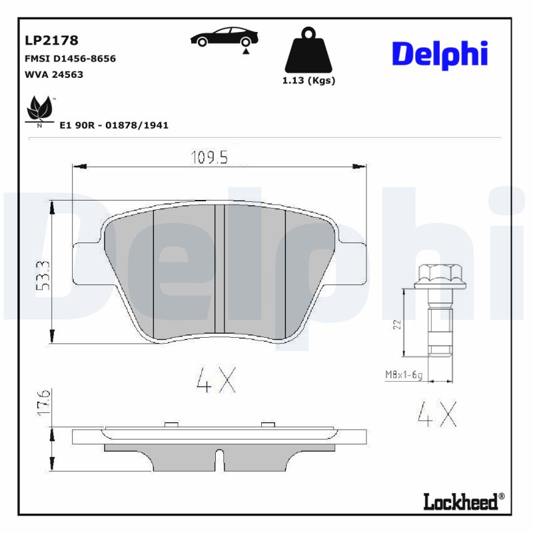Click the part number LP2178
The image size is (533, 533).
pos(51,41)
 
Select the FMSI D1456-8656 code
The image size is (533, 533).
pos(70,58)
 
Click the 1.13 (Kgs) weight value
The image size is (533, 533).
pos(308,80)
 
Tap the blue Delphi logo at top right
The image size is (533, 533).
pos(440,55)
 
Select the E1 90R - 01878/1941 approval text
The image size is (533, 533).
pos(114,125)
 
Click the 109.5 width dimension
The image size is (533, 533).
pos(209,157)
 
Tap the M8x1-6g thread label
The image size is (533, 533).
pos(404,375)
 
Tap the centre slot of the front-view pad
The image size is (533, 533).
pos(219,269)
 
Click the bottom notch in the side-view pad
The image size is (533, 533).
pos(219,460)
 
